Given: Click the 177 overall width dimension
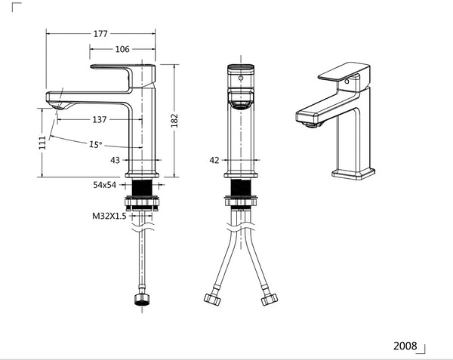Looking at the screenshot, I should point(100,33).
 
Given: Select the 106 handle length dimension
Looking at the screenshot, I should point(122,49).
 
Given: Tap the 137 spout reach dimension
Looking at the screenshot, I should point(99,119).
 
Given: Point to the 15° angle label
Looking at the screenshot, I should point(96,144).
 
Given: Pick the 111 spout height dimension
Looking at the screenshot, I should point(42,143).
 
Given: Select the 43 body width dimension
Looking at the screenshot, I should point(116,160).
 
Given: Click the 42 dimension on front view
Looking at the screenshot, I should point(214,160).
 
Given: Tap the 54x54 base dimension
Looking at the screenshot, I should point(105,185).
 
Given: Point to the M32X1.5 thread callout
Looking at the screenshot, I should point(109,216).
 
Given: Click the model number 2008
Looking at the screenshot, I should point(405,346).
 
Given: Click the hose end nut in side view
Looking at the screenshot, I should point(141,300).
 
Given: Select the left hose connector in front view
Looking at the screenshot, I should point(211,299).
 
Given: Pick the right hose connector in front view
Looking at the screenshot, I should point(269,299).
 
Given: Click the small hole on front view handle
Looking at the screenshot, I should point(241,76).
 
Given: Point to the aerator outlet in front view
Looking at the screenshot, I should point(241,106).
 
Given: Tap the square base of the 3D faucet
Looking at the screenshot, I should point(353,174).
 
